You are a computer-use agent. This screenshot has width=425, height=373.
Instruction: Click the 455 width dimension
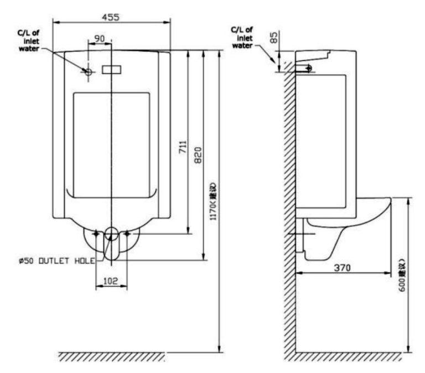111,17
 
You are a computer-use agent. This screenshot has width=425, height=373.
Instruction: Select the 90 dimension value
100,38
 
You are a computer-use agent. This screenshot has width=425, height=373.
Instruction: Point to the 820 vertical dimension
198,157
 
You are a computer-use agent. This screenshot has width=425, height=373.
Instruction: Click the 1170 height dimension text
213,201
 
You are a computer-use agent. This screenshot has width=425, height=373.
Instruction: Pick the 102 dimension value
111,281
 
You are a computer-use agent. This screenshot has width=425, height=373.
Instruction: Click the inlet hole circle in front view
88,71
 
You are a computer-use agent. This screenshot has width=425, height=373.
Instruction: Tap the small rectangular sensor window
112,70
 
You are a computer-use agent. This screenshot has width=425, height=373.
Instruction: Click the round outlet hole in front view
111,234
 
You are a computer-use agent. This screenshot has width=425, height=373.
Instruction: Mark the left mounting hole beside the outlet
96,234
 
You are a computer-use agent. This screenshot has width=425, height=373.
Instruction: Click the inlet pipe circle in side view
308,68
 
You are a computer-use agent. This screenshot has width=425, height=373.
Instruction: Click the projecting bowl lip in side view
382,205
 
